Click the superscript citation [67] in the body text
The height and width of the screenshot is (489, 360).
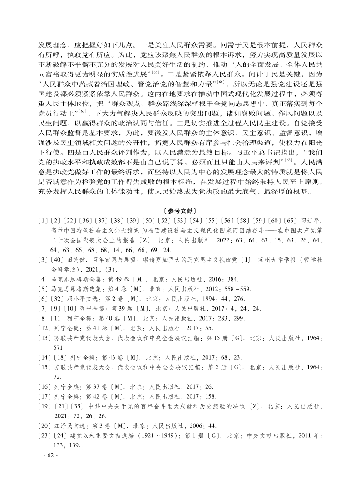[83, 111]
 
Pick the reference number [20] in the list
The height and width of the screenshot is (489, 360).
[44, 426]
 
